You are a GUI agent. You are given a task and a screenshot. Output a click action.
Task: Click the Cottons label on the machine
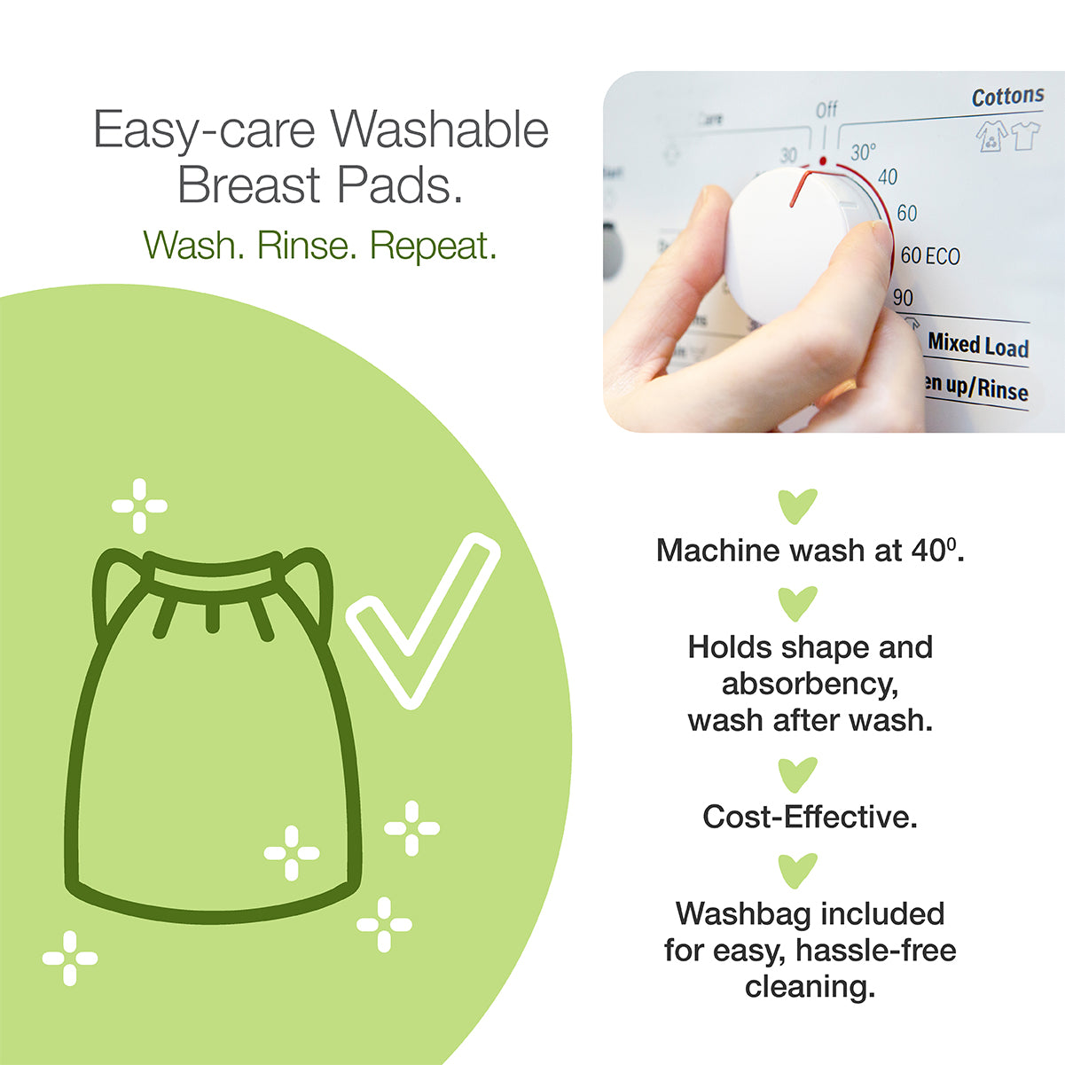(x=1007, y=96)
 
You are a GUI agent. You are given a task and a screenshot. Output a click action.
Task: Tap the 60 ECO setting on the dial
(x=929, y=256)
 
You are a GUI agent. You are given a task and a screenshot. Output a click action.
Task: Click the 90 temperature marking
(x=903, y=298)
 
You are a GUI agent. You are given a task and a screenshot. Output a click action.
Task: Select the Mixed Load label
(x=977, y=344)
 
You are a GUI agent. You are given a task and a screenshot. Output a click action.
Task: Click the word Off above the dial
(x=826, y=110)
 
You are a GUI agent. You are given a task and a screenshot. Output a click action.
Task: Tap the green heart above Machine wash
(x=797, y=506)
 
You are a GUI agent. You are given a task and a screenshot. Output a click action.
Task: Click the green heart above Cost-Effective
(x=797, y=775)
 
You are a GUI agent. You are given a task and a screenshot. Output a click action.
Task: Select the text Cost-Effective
(x=810, y=817)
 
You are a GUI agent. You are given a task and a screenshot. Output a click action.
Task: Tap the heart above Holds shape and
(x=797, y=604)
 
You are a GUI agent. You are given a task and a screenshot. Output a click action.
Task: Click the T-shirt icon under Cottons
(x=1025, y=136)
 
